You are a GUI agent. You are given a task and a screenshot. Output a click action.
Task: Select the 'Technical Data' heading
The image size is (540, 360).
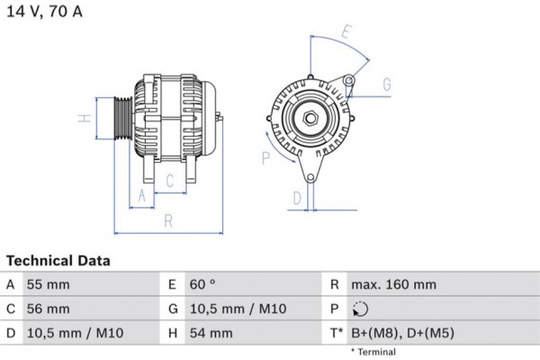(x=58, y=261)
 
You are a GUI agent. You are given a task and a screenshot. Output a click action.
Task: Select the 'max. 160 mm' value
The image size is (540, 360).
(x=394, y=285)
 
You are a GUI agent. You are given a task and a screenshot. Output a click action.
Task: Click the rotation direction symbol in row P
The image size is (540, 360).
(x=360, y=310)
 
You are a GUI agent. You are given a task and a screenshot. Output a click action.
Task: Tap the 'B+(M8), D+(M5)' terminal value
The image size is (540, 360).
(x=403, y=334)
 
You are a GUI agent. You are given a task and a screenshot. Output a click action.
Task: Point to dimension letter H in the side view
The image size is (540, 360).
(x=81, y=118)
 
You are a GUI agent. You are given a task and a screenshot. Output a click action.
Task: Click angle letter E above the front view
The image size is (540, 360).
(x=346, y=32)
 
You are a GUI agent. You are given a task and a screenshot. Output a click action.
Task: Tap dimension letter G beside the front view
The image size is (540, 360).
(x=386, y=85)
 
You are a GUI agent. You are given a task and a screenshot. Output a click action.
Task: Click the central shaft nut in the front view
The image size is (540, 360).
(x=310, y=118)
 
